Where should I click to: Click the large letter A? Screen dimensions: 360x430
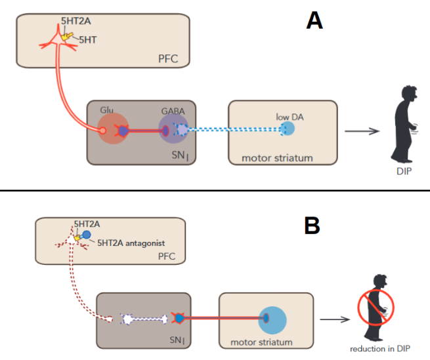tap(314, 21)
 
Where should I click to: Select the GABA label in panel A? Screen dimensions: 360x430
tap(173, 112)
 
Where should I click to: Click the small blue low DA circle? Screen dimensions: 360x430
tap(287, 129)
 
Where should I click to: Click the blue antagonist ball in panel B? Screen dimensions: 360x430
tap(87, 235)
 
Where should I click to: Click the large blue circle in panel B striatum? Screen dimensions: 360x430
tap(272, 319)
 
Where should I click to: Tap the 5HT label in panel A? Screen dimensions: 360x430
tap(87, 39)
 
